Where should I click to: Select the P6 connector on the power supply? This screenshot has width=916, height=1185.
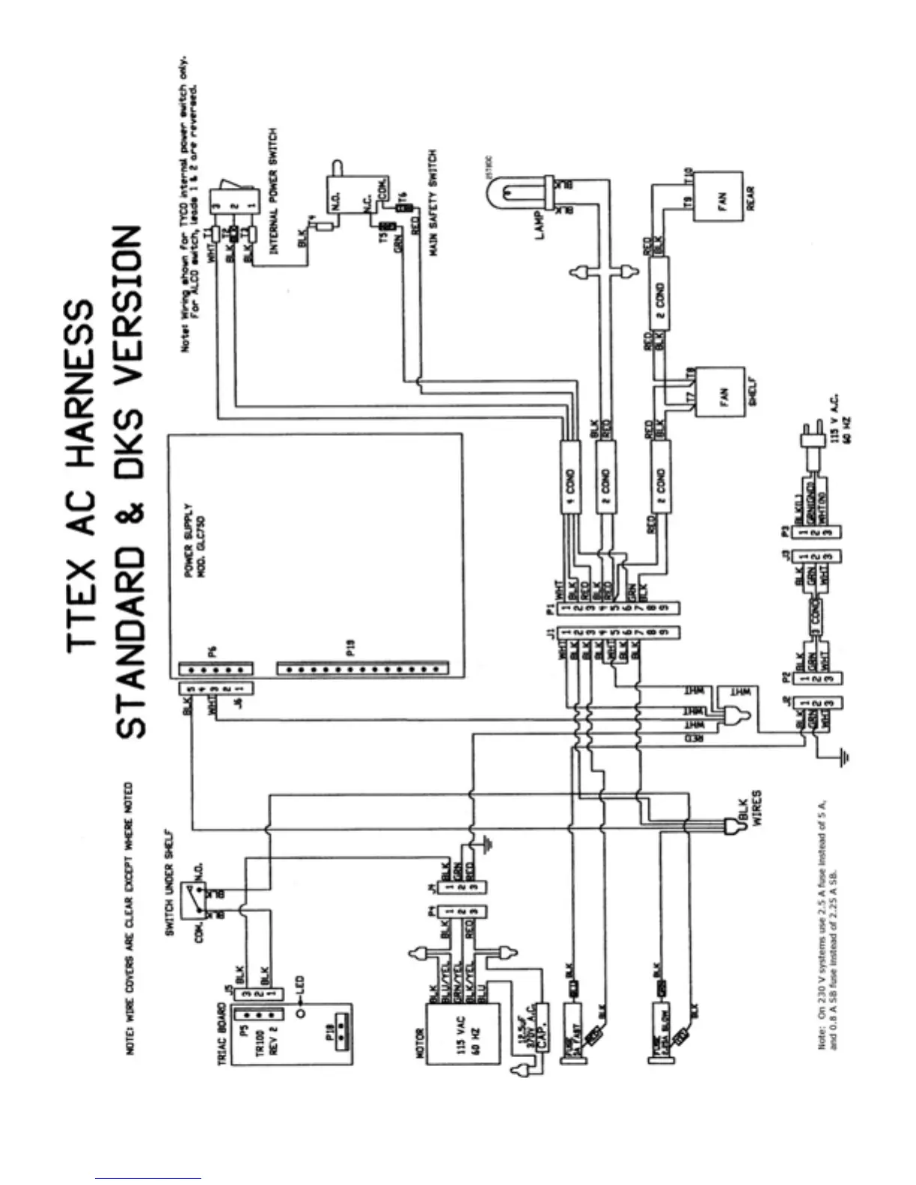(x=216, y=668)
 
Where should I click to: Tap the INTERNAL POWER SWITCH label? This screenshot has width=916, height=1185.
(x=274, y=190)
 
